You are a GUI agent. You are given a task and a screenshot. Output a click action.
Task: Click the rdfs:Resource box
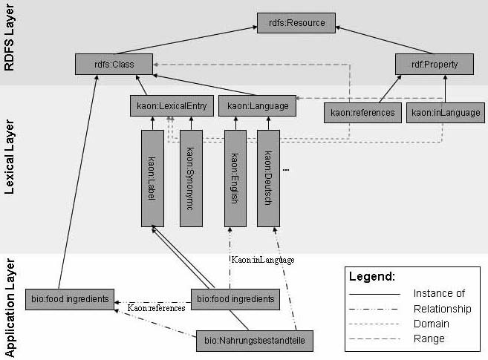(x=296, y=23)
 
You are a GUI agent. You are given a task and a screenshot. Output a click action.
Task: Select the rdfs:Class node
(x=114, y=65)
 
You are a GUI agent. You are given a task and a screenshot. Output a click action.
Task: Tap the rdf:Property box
(x=435, y=65)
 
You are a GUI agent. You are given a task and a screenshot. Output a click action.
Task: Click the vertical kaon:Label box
(x=152, y=177)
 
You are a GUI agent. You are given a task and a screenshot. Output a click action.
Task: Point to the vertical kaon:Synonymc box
(x=191, y=177)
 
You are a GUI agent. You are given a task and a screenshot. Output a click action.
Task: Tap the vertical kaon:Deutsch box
(x=268, y=177)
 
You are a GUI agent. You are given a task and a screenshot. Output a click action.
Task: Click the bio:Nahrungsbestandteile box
(x=255, y=342)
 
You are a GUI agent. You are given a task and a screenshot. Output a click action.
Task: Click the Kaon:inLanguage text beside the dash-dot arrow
(x=263, y=260)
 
